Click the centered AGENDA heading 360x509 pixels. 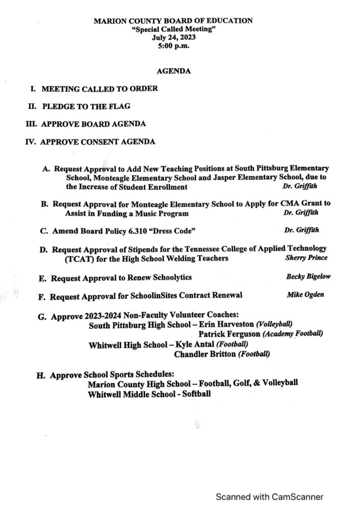pos(174,72)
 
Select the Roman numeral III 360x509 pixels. pos(31,124)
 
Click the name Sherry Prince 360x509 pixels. pos(306,258)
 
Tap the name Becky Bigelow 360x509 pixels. pos(308,276)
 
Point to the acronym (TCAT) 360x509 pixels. pos(78,258)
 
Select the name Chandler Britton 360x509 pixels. pos(205,354)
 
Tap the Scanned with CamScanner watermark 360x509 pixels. pos(269,496)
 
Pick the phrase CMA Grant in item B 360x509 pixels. pos(304,204)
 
